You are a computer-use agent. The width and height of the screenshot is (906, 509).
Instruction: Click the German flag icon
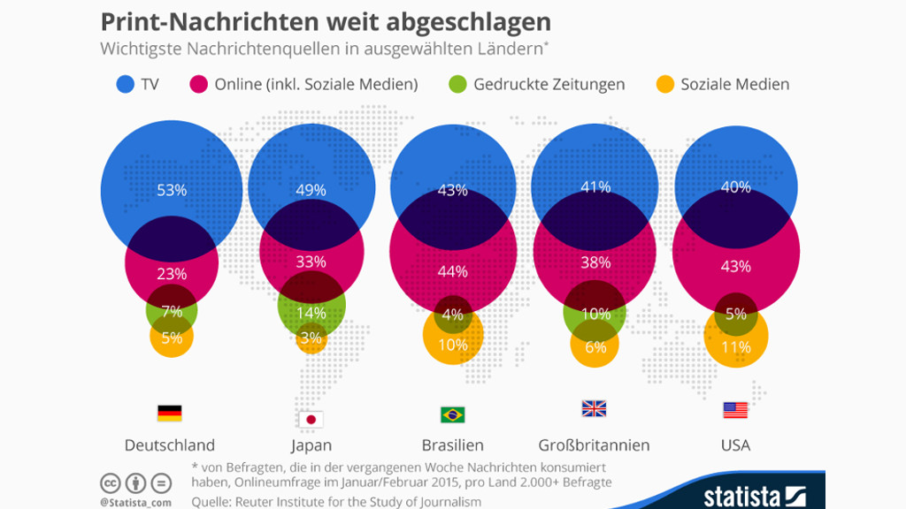tap(169, 413)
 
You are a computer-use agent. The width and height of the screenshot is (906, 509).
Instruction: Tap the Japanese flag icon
tap(311, 420)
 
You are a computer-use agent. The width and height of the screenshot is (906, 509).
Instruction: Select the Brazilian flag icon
tap(452, 414)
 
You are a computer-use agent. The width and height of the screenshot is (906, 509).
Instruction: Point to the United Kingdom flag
tap(594, 408)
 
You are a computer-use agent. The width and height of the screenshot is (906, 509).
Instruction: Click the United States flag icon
tap(735, 410)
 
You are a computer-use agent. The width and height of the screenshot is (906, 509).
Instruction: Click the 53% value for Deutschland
tap(172, 190)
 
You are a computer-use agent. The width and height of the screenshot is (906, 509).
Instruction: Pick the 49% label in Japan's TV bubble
tap(311, 190)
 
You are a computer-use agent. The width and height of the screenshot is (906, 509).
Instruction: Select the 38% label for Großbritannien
tap(595, 262)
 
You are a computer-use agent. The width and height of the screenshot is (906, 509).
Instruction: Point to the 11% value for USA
tap(736, 347)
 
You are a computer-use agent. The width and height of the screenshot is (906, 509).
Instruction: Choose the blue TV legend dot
tap(125, 85)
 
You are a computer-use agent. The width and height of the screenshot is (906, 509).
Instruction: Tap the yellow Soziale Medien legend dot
tap(664, 85)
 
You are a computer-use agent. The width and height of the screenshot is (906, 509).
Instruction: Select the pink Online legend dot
tap(198, 85)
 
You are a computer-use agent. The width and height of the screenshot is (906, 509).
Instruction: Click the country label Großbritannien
tap(594, 444)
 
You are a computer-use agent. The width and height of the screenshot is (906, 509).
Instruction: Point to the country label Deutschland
tap(170, 444)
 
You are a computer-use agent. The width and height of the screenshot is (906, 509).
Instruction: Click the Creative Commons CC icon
tap(111, 483)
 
